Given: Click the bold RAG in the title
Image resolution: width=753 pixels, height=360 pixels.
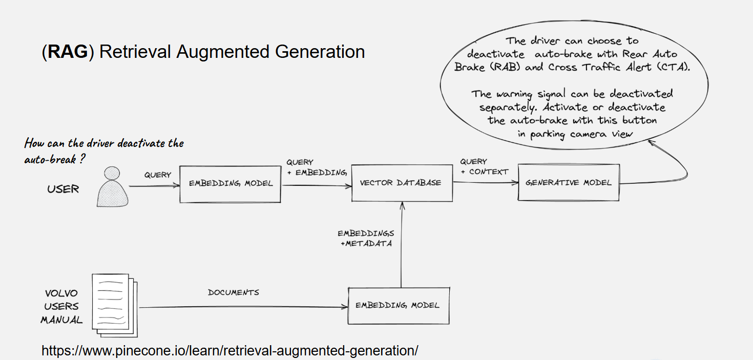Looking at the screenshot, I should click(68, 52).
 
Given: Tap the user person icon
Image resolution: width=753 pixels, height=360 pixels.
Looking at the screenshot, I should click(113, 187).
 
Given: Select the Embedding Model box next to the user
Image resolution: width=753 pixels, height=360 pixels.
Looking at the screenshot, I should click(230, 184).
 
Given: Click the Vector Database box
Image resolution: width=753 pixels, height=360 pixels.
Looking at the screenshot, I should click(402, 183).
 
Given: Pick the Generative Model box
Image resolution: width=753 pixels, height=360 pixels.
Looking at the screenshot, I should click(569, 182).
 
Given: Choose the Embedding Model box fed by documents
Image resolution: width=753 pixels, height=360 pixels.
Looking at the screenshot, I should click(398, 305).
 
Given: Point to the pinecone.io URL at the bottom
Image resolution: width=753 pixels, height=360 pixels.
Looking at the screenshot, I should click(229, 351).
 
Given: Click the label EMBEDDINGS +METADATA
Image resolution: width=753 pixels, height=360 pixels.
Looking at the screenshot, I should click(366, 239).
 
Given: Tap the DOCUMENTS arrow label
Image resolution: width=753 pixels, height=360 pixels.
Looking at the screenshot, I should click(233, 293).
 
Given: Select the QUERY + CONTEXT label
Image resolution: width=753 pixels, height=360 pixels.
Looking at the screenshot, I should click(484, 167).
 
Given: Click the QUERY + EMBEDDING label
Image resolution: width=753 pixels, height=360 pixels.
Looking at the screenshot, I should click(316, 167).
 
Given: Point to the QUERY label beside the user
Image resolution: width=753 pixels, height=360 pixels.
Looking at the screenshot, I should click(157, 175).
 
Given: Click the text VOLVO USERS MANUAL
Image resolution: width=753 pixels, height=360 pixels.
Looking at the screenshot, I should click(61, 307).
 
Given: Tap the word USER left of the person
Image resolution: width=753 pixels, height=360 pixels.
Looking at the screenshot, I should click(63, 189).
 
